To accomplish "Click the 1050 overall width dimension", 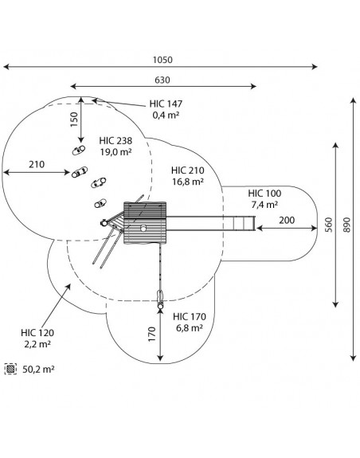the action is pos(162,60).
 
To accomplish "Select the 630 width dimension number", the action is pos(162,80).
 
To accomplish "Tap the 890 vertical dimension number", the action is pos(346,225).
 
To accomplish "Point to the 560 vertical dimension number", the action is pos(329,225).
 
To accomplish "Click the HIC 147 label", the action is pos(166,104).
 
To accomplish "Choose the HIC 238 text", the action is pos(115,141).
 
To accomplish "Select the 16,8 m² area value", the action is pos(187,182).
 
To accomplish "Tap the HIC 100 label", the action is pos(264,194).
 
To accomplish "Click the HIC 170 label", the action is pos(190,317).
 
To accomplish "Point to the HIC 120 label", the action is pos(37,333).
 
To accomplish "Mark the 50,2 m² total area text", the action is pos(38,370).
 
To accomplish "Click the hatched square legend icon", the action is pos(11,369).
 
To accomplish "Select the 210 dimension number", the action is pos(37,164).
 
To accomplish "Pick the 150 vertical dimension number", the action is pos(74,119).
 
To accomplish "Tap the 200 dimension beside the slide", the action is pos(287,220).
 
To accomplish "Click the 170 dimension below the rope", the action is pos(152,335).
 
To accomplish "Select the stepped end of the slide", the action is pos(245,224).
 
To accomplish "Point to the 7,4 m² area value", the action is pos(264,205).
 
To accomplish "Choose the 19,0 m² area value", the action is pos(115,152).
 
